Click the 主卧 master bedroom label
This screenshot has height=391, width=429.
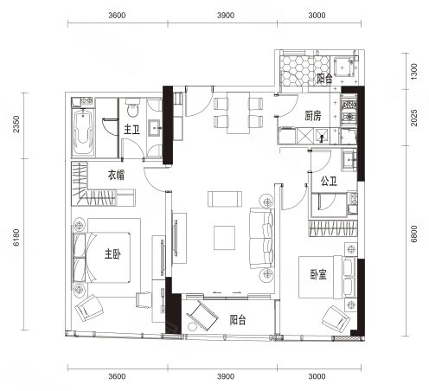click(x=112, y=254)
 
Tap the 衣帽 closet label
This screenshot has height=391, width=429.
click(x=117, y=175)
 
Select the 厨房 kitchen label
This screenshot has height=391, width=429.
click(x=313, y=116)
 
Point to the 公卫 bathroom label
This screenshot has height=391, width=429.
click(x=329, y=182)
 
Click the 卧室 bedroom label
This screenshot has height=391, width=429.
click(x=318, y=274)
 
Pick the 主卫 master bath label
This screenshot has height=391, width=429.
click(x=131, y=130)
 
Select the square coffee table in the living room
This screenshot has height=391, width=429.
click(x=224, y=238)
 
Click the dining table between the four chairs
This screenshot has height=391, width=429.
click(x=238, y=112)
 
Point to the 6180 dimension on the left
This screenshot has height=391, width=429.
click(x=16, y=237)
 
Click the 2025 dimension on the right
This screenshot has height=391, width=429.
click(x=413, y=118)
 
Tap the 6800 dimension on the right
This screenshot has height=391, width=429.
click(x=413, y=234)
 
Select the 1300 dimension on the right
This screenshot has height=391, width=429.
click(x=413, y=72)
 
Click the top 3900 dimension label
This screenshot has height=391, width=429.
click(x=226, y=16)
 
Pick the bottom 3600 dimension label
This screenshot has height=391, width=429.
click(x=117, y=376)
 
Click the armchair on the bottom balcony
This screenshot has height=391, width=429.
click(x=202, y=316)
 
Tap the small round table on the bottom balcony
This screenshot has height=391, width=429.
click(x=191, y=327)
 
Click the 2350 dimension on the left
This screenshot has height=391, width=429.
click(x=16, y=124)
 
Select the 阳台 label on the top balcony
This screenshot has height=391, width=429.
click(x=324, y=79)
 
